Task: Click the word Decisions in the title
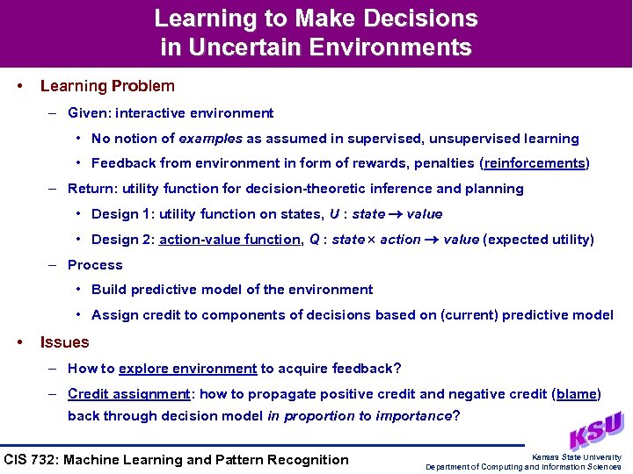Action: (x=418, y=18)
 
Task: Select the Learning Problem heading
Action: (x=107, y=86)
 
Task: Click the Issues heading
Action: (x=64, y=342)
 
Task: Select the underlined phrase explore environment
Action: (x=187, y=369)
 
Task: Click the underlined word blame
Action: (x=577, y=394)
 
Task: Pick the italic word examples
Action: (x=210, y=139)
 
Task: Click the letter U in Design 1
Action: (x=334, y=214)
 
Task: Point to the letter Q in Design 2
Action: (x=314, y=240)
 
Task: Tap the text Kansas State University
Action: (x=577, y=456)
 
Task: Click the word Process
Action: (x=95, y=265)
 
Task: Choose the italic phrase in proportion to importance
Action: (x=359, y=416)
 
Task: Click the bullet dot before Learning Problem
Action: (x=19, y=86)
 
